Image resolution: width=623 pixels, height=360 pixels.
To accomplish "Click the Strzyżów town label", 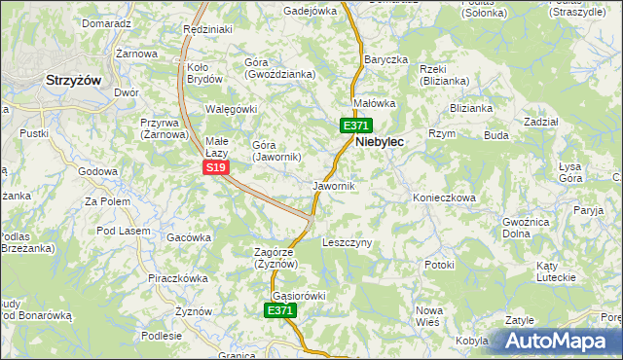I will (74, 83).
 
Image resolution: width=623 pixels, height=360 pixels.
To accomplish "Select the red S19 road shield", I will (216, 168).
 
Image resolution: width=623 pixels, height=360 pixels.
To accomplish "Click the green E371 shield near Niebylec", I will (354, 126).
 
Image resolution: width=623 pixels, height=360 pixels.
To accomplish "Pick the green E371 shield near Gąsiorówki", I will (279, 310).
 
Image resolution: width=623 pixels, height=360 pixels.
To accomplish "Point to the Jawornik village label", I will (334, 185).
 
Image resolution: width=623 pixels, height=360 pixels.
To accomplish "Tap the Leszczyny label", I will (348, 242).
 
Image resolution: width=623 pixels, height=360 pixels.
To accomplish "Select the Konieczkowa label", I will (444, 198).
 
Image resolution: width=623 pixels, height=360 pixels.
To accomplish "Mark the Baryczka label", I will (385, 59).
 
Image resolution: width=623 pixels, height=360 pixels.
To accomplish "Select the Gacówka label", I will (189, 237).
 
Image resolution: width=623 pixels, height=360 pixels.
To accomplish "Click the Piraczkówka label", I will (178, 278).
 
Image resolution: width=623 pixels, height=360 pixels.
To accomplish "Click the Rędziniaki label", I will (207, 29).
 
